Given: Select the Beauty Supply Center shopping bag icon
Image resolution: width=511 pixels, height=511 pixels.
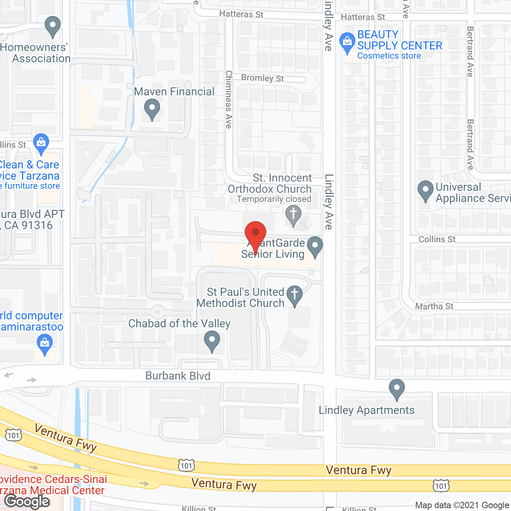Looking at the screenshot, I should tap(347, 42).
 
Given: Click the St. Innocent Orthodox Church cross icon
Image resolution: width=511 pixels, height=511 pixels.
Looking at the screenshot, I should tap(293, 214).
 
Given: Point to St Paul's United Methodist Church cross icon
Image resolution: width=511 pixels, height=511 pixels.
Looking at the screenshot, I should tap(295, 295).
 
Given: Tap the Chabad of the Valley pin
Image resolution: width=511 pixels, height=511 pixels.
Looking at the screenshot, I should tap(212, 341).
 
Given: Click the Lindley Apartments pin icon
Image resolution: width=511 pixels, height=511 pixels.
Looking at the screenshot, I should tap(397, 388).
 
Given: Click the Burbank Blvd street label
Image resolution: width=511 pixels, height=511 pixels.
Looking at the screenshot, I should tap(178, 376).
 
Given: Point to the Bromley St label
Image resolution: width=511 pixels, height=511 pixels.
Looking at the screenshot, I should tap(262, 78).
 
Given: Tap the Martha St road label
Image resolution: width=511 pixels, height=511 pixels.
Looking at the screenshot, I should tap(434, 306).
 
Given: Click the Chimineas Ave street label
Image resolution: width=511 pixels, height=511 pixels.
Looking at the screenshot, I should tap(229, 99).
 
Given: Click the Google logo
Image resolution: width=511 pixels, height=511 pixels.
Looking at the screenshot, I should tap(27, 501).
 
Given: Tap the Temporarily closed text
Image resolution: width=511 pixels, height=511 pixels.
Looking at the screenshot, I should tap(274, 199).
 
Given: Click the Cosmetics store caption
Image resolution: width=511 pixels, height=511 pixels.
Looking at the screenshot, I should tap(389, 56).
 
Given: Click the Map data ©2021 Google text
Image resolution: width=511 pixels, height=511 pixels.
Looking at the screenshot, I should tap(462, 505).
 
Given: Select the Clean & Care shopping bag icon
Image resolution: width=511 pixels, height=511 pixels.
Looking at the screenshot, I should tap(41, 143).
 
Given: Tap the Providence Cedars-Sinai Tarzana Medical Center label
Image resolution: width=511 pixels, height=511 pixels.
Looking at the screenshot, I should tap(52, 485).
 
